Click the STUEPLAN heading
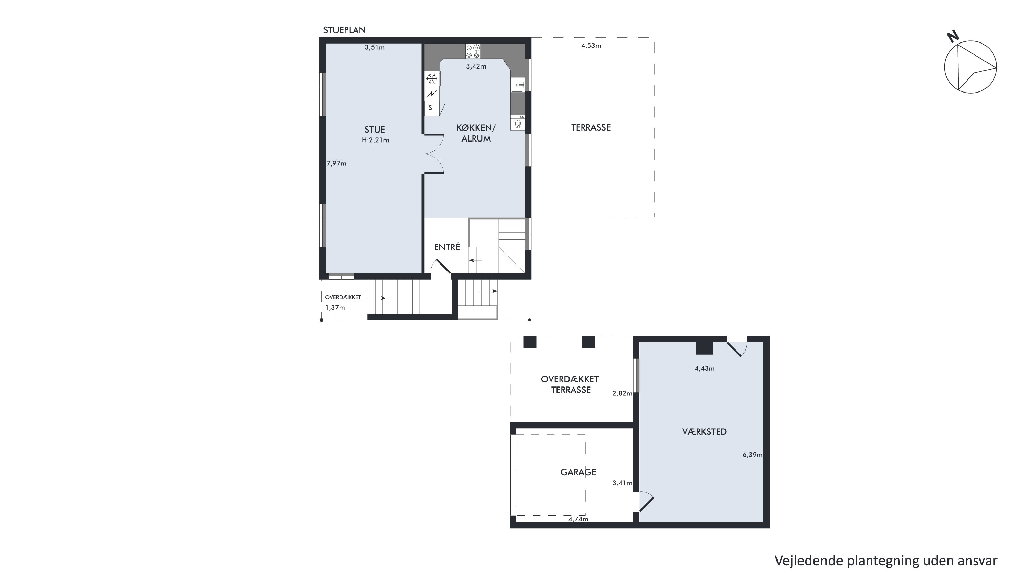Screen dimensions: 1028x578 344,30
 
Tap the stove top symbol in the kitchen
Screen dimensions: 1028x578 473,51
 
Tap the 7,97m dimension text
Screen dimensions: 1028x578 336,163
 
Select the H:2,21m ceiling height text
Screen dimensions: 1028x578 375,140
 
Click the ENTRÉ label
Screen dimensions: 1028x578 447,247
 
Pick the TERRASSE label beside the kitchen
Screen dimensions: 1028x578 591,128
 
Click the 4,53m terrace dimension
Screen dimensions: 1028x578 591,46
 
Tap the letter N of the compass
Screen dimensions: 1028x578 953,37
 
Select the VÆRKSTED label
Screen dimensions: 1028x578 705,432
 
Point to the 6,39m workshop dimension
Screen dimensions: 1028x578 752,455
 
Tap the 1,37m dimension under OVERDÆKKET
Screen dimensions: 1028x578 335,308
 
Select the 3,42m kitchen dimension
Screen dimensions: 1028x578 476,66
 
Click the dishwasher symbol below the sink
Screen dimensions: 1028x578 517,123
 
